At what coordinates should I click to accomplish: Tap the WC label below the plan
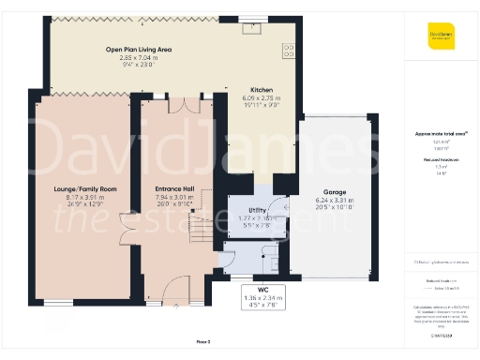[x=249, y=289]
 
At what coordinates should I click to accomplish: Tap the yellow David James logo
[x=442, y=39]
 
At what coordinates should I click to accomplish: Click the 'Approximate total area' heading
[x=441, y=134]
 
